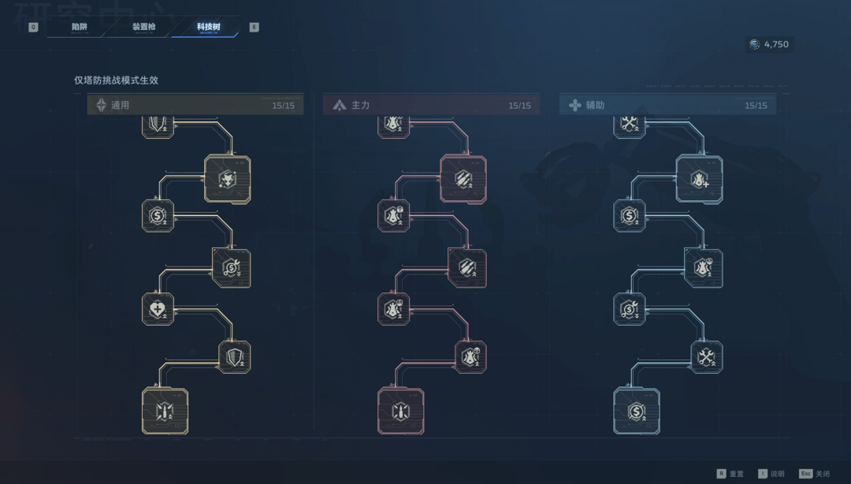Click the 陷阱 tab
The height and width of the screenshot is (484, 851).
(80, 27)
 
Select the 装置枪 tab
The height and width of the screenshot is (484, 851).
(144, 27)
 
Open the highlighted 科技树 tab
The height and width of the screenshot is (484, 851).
(209, 27)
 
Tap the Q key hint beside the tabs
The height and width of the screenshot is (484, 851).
(33, 28)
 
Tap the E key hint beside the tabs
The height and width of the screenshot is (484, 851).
(254, 28)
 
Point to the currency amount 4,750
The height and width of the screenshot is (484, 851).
(775, 45)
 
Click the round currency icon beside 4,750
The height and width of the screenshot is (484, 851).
(755, 45)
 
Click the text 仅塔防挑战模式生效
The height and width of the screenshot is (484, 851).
(116, 80)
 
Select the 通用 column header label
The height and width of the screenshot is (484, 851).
(120, 105)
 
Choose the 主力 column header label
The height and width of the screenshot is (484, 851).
(360, 105)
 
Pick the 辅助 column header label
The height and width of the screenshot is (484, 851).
(595, 105)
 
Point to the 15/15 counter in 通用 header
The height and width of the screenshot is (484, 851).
(283, 105)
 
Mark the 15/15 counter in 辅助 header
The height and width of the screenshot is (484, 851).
(756, 105)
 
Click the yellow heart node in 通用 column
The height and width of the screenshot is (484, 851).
(158, 308)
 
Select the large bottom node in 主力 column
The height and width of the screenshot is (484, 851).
(401, 411)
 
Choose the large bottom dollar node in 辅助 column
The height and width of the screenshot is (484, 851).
(637, 411)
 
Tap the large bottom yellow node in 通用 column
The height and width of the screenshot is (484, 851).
(165, 411)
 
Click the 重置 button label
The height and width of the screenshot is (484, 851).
(736, 474)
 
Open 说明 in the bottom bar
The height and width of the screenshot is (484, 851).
(777, 474)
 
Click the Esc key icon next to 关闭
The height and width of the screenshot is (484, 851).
(805, 474)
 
